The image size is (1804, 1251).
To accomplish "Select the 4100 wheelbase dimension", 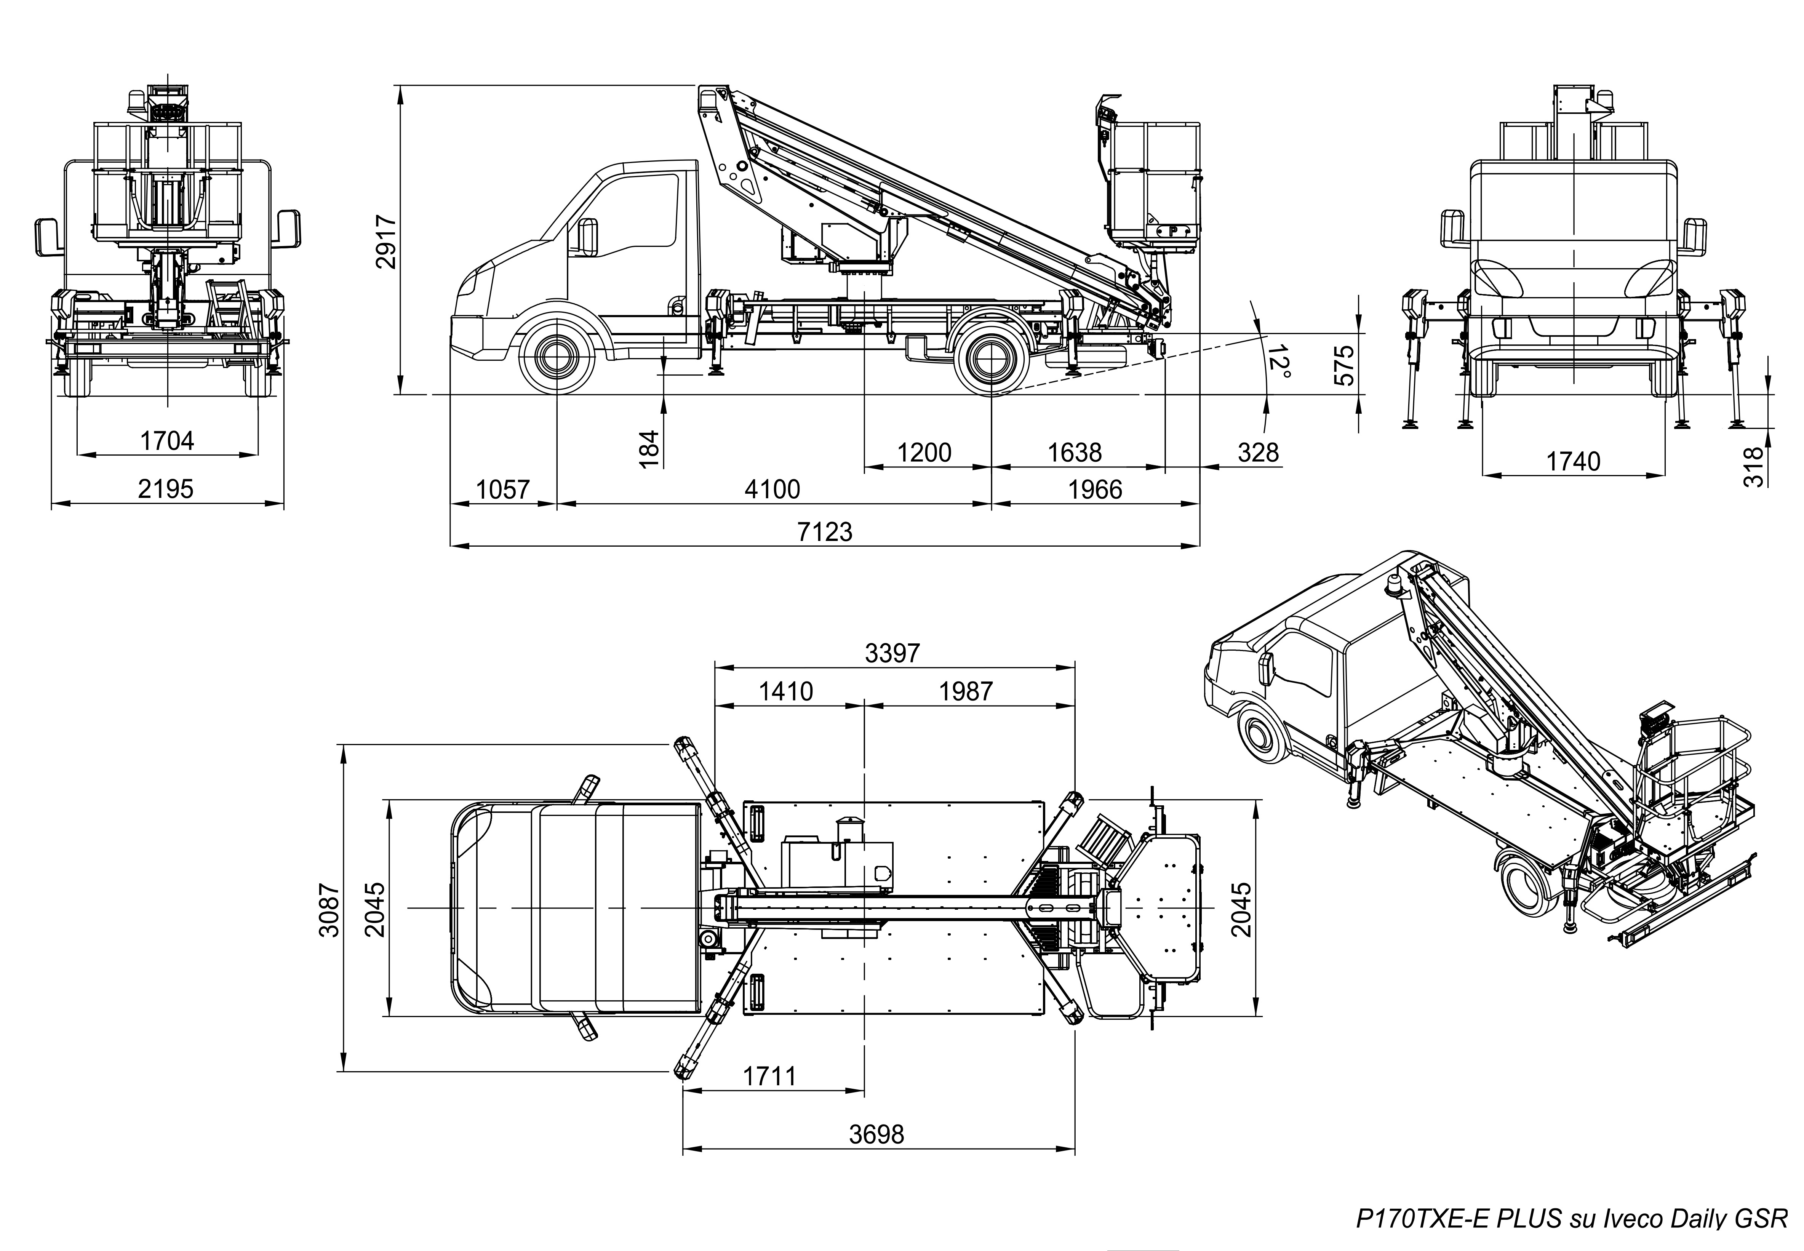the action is [773, 490].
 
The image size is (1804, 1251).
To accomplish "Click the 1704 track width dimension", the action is [167, 441].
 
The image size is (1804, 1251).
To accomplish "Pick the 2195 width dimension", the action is [165, 489].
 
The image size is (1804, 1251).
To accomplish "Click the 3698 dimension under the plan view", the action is [877, 1134].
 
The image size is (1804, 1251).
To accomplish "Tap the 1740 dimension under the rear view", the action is [1573, 462].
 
